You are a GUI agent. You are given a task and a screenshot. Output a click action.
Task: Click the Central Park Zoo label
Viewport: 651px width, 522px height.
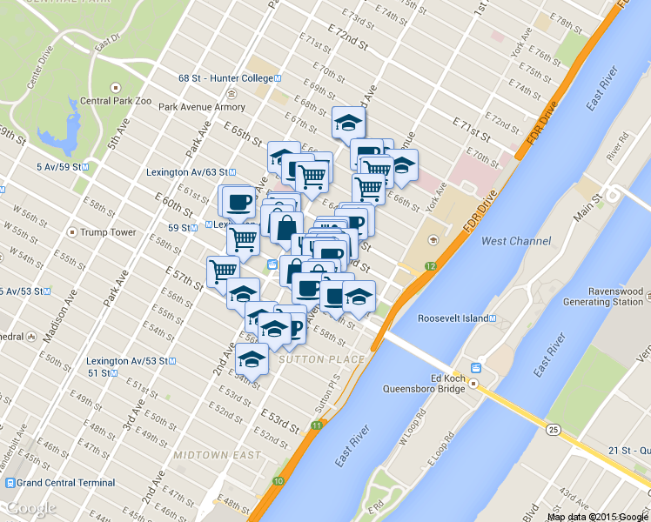[115, 101]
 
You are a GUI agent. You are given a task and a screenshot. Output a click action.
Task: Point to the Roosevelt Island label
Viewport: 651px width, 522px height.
[453, 318]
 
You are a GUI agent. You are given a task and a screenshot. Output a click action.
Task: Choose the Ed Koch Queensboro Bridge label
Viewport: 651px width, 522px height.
[425, 384]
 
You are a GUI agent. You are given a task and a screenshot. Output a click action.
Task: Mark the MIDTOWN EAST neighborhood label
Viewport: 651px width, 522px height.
[217, 455]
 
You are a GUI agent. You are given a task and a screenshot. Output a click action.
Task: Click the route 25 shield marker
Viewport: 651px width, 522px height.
[553, 429]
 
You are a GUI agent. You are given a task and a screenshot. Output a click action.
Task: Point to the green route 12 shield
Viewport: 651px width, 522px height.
[430, 264]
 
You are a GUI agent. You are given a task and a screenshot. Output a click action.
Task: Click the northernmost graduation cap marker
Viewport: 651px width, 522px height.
[349, 122]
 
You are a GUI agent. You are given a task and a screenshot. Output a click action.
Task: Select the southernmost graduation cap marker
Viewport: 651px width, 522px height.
[252, 358]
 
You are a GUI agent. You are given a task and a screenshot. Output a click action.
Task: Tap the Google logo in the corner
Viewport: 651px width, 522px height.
[31, 508]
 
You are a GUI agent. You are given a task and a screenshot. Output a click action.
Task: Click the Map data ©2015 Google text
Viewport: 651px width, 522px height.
[598, 516]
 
